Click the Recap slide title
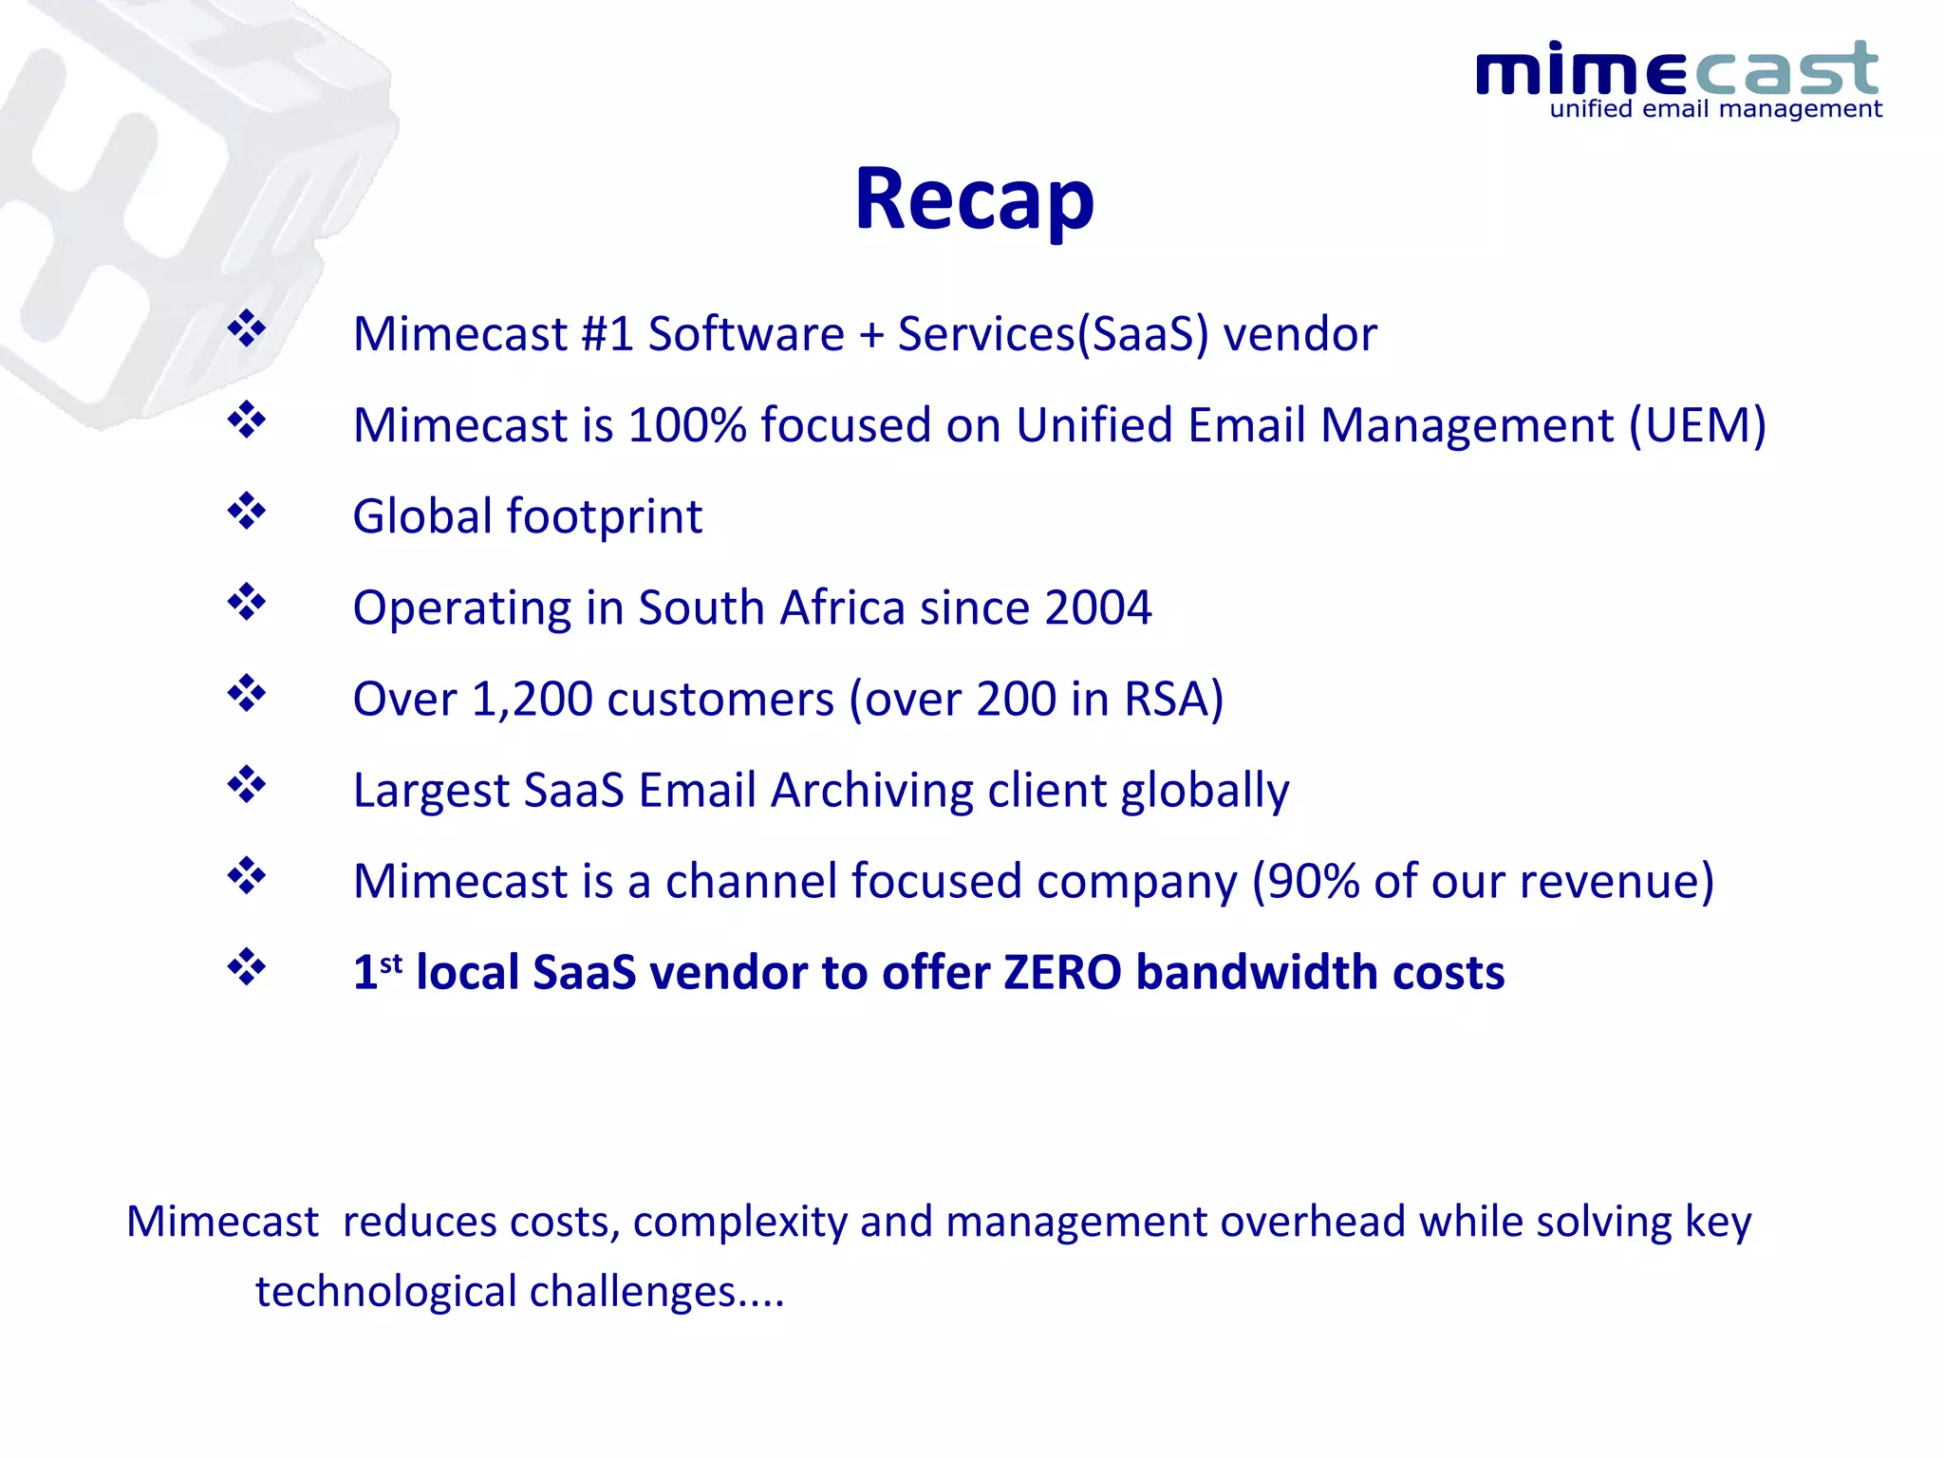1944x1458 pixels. [974, 199]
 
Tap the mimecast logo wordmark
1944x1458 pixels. [1676, 69]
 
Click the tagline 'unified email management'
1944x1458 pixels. [1715, 109]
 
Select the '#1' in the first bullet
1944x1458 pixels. [606, 334]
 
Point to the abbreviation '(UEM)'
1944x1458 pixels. [1697, 425]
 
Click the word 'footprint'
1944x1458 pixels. [604, 517]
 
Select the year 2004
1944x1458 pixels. [1097, 607]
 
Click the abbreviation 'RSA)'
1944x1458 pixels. [1173, 700]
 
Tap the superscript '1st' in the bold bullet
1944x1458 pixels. [378, 970]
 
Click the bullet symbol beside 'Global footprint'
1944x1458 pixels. [247, 512]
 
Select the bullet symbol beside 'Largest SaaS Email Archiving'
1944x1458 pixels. [247, 785]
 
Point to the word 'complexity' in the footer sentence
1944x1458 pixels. [740, 1223]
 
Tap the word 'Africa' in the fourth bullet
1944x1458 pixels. [841, 607]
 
